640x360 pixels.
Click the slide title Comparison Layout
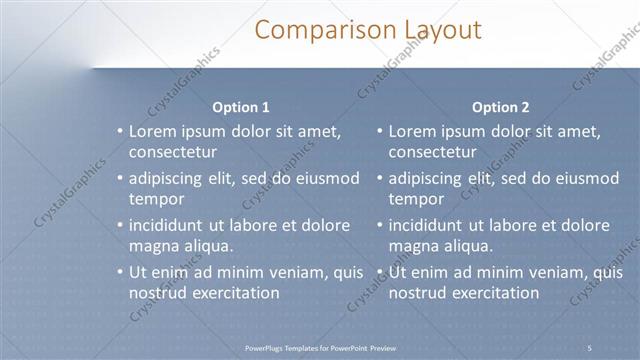click(x=367, y=29)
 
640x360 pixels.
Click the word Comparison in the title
click(x=313, y=29)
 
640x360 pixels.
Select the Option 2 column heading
click(x=501, y=107)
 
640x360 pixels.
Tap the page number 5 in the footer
click(x=589, y=347)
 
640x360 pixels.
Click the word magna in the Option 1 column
click(x=153, y=246)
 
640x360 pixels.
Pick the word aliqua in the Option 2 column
click(x=468, y=246)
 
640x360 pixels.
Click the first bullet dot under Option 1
click(x=119, y=132)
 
